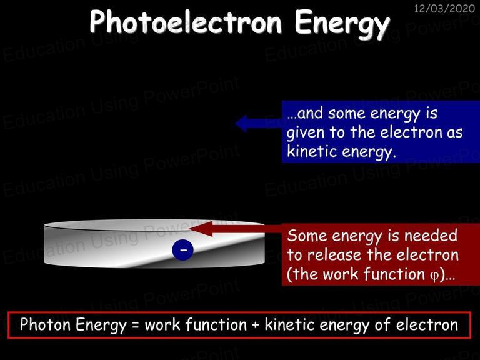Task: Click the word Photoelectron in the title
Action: tap(186, 21)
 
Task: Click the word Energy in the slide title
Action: tap(342, 24)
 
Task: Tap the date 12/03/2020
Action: tap(444, 8)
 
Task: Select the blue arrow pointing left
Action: tap(259, 123)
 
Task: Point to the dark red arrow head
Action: tap(201, 229)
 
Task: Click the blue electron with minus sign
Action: tap(182, 250)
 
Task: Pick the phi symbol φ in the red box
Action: tap(434, 276)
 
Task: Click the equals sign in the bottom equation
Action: tap(135, 326)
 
